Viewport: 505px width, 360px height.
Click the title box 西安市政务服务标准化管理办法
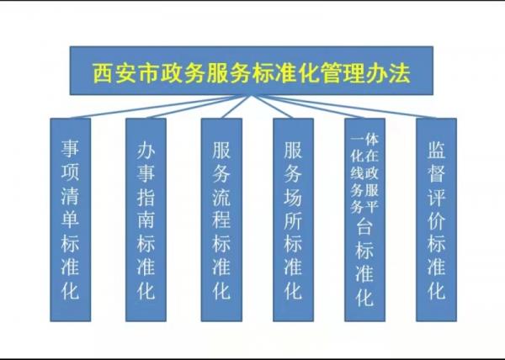(x=251, y=71)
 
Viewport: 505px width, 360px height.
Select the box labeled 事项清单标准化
(x=70, y=220)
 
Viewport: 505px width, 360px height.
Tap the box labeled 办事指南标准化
(x=146, y=220)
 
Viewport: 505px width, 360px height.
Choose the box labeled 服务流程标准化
(x=221, y=220)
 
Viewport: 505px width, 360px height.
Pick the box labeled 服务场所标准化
(x=293, y=220)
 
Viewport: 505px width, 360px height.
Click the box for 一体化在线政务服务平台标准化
(x=364, y=220)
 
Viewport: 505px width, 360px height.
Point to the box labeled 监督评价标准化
(x=436, y=220)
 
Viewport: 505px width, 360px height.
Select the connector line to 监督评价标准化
(x=344, y=107)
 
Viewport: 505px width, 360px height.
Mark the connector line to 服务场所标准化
(x=273, y=107)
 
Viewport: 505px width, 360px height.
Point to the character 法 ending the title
(x=401, y=73)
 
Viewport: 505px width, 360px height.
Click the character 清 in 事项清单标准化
(x=70, y=195)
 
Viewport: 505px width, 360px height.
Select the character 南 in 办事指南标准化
(x=146, y=220)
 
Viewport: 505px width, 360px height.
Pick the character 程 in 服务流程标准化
(x=221, y=220)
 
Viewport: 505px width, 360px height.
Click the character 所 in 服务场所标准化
(x=293, y=220)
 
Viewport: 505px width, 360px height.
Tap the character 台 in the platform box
(x=364, y=228)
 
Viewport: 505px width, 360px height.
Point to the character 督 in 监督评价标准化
(x=436, y=172)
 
